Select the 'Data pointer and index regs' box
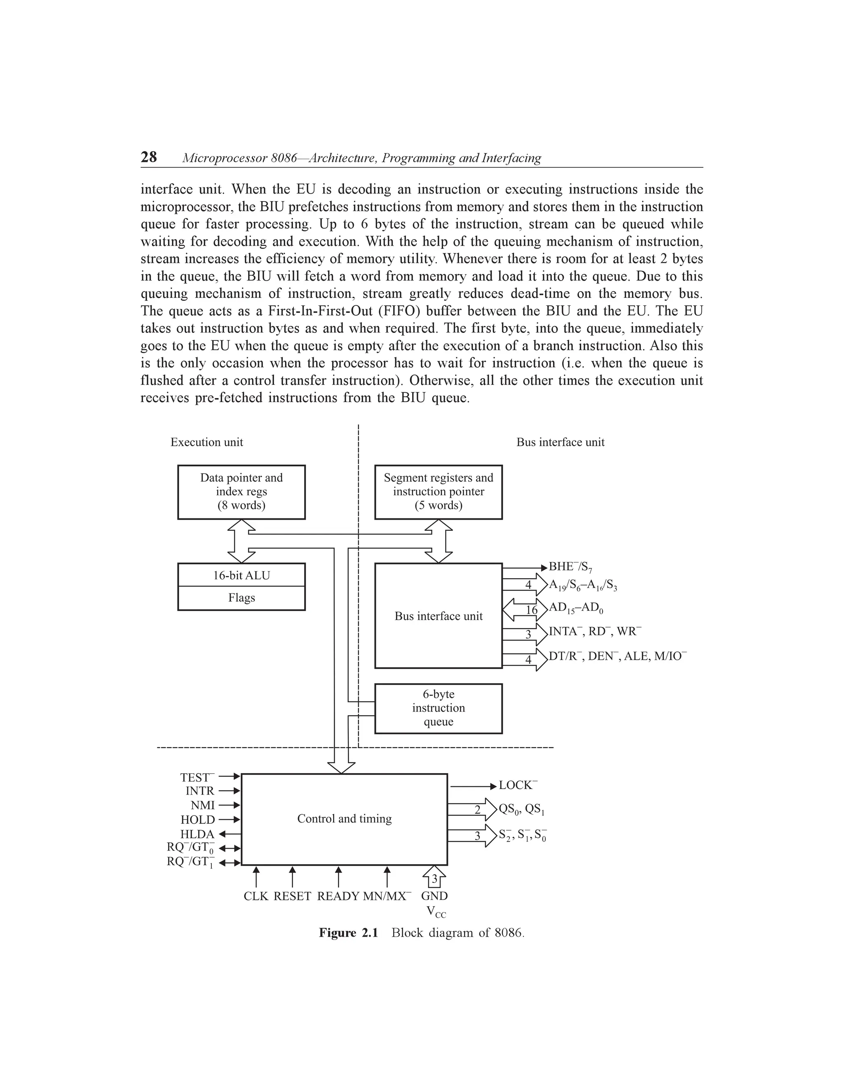point(241,492)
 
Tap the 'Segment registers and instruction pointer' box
point(438,492)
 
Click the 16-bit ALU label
point(241,576)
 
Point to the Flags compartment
point(241,598)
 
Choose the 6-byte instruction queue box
point(438,708)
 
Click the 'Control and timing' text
point(345,818)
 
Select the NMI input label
point(202,806)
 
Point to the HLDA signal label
point(197,834)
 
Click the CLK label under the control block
point(256,896)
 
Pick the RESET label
point(293,896)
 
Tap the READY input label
point(338,896)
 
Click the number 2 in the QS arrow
point(478,810)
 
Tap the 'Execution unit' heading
point(206,442)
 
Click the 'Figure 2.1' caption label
point(349,933)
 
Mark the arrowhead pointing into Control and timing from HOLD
point(237,820)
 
